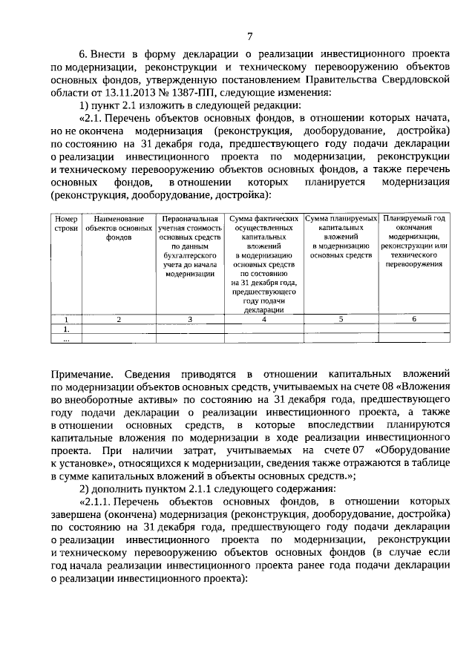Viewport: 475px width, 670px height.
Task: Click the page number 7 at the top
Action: tap(250, 35)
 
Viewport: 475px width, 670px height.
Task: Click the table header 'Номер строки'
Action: tap(66, 223)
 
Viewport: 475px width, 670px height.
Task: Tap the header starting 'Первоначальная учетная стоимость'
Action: tap(190, 245)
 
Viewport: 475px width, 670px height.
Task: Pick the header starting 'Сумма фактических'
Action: tap(264, 263)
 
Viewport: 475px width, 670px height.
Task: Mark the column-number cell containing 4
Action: tap(264, 319)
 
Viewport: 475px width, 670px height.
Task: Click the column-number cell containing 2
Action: tap(119, 319)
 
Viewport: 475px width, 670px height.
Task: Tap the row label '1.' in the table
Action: tap(66, 329)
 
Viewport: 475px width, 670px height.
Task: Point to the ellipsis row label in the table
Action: tap(66, 339)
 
